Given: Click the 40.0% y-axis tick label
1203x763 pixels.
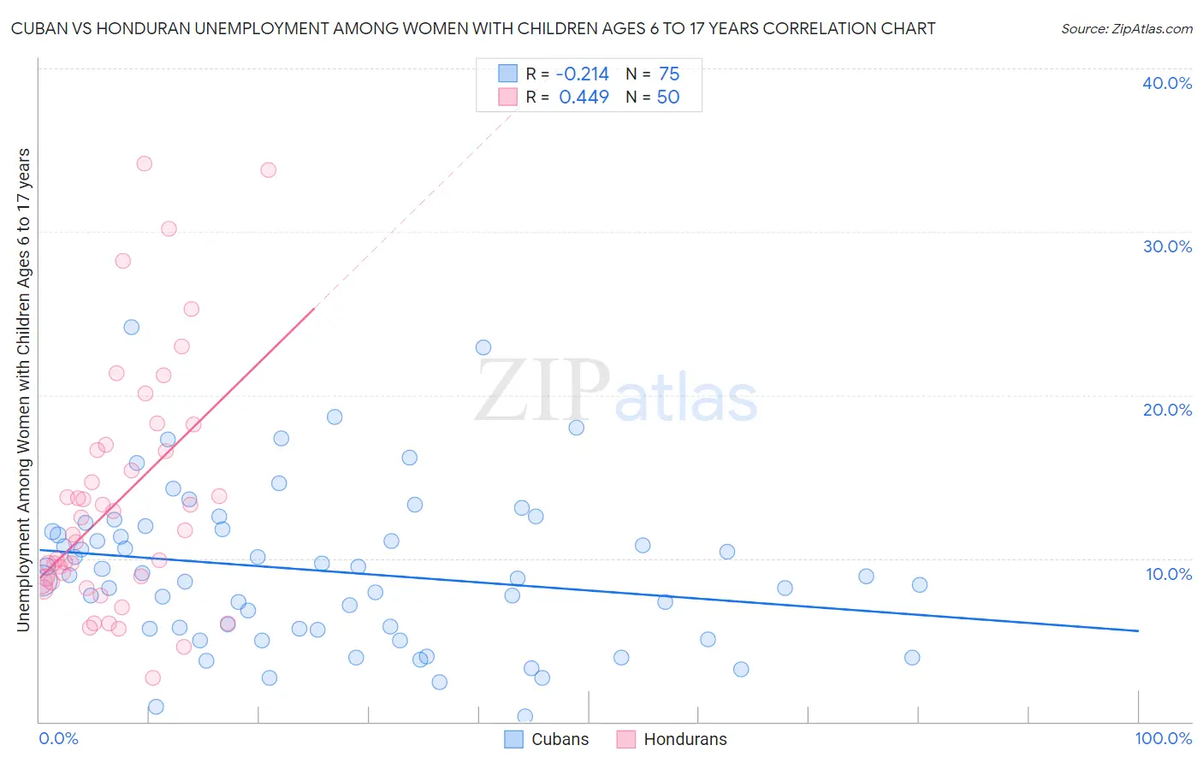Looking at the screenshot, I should coord(1167,83).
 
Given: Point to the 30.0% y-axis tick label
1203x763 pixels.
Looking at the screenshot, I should coord(1167,246).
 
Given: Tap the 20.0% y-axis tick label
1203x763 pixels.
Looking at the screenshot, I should coord(1167,410).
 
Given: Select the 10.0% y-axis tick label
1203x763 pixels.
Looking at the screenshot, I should coord(1169,574).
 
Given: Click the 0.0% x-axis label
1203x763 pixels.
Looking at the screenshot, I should coord(58,738).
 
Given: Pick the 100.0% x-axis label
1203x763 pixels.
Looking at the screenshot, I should coord(1163,738).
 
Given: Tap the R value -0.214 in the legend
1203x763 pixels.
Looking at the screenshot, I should coord(582,74).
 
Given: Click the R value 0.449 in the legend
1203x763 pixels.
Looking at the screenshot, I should coord(584,98).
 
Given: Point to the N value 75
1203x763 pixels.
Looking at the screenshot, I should coord(669,74).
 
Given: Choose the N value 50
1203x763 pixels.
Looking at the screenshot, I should coord(668,98).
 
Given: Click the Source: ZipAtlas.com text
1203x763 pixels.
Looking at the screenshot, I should coord(1126,29).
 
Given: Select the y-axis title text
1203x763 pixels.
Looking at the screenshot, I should coord(23,390).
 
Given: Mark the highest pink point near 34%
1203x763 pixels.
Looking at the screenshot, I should coord(145,163).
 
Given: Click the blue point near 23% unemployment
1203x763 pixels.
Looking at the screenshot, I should coord(483,347).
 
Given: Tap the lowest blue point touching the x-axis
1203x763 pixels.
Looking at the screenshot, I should coord(525,716).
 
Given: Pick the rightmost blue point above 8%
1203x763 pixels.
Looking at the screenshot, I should coord(920,585).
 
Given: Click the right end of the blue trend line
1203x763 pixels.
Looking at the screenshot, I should coord(1138,630).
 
